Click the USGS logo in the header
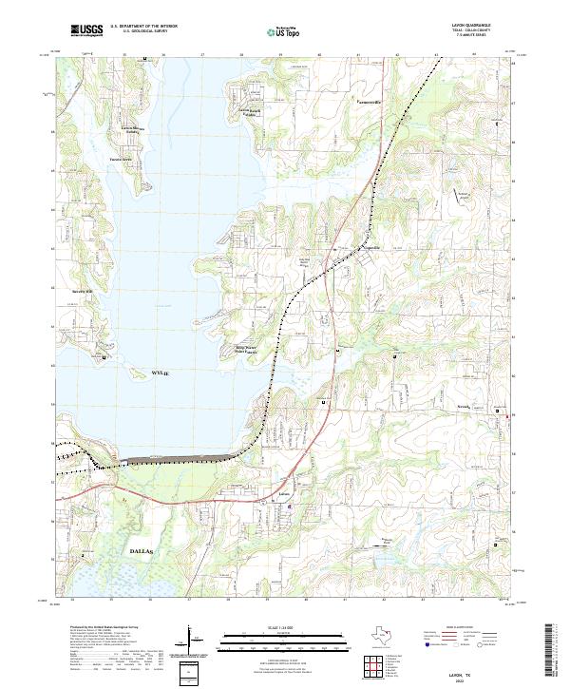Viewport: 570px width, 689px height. click(86, 30)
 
